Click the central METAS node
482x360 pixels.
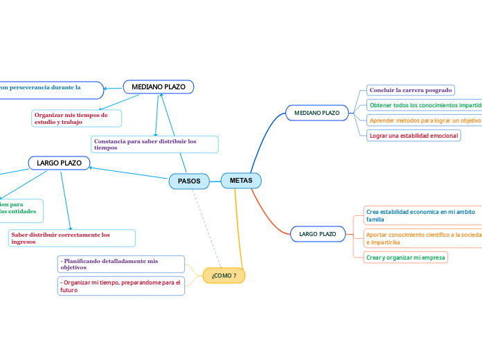(x=241, y=181)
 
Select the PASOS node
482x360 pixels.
(x=189, y=181)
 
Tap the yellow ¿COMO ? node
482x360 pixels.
(x=224, y=276)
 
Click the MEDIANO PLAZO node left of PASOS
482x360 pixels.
(x=159, y=87)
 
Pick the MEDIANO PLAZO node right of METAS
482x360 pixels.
(x=316, y=112)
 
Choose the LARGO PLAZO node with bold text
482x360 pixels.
(x=59, y=163)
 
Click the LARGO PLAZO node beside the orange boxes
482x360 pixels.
(x=317, y=235)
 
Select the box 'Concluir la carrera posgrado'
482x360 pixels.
(x=411, y=90)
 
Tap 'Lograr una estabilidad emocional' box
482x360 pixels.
(x=413, y=136)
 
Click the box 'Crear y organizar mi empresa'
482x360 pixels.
(x=406, y=257)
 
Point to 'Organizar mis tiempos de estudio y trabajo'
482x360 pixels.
(x=76, y=118)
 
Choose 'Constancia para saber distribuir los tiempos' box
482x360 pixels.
(x=154, y=144)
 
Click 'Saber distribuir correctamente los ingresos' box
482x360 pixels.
(x=71, y=238)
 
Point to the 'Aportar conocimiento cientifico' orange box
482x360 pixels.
(x=423, y=238)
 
